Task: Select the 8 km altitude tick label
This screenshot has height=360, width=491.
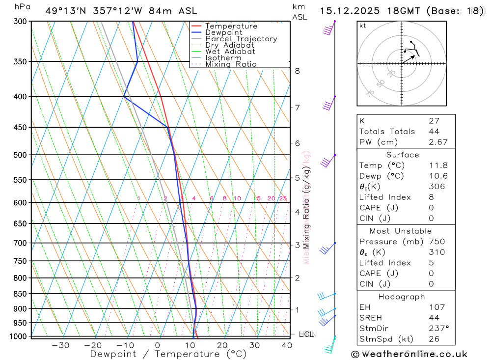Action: point(297,71)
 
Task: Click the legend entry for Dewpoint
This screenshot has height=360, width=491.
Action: point(223,32)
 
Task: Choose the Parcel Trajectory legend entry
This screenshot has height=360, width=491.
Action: point(241,39)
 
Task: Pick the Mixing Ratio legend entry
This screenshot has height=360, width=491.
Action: point(231,64)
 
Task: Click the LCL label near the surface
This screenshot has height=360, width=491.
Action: point(306,334)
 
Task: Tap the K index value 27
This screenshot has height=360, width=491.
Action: point(434,121)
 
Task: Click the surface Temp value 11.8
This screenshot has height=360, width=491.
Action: point(437,166)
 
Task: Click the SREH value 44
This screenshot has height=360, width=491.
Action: point(434,318)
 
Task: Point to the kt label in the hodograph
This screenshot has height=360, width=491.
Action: point(363,26)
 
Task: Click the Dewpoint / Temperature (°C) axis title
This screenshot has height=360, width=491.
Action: point(168,354)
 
